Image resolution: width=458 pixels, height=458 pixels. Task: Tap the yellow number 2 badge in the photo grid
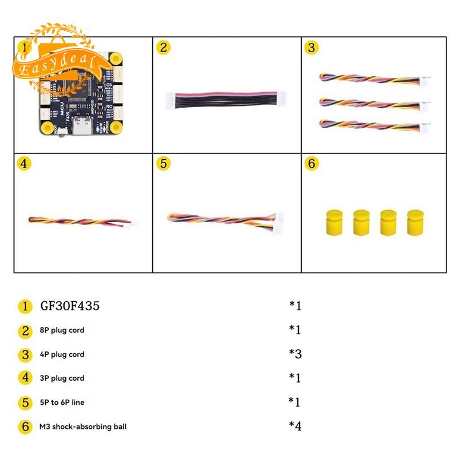tap(164, 48)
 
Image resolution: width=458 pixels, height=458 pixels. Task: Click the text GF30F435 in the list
tap(70, 306)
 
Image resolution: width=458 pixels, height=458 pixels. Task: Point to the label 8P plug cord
tap(62, 330)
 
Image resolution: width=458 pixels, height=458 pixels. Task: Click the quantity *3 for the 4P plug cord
tap(295, 354)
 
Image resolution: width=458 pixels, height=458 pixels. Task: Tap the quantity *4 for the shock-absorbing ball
tap(295, 426)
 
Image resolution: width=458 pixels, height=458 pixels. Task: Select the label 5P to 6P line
tap(62, 402)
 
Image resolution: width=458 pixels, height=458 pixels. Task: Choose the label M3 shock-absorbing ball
tap(82, 427)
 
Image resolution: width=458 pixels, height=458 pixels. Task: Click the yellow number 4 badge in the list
tap(25, 378)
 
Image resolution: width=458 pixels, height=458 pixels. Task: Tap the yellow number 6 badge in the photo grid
tap(311, 163)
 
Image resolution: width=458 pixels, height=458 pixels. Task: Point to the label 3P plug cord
tap(62, 378)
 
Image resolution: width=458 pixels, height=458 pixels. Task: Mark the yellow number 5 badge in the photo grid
tap(164, 163)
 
